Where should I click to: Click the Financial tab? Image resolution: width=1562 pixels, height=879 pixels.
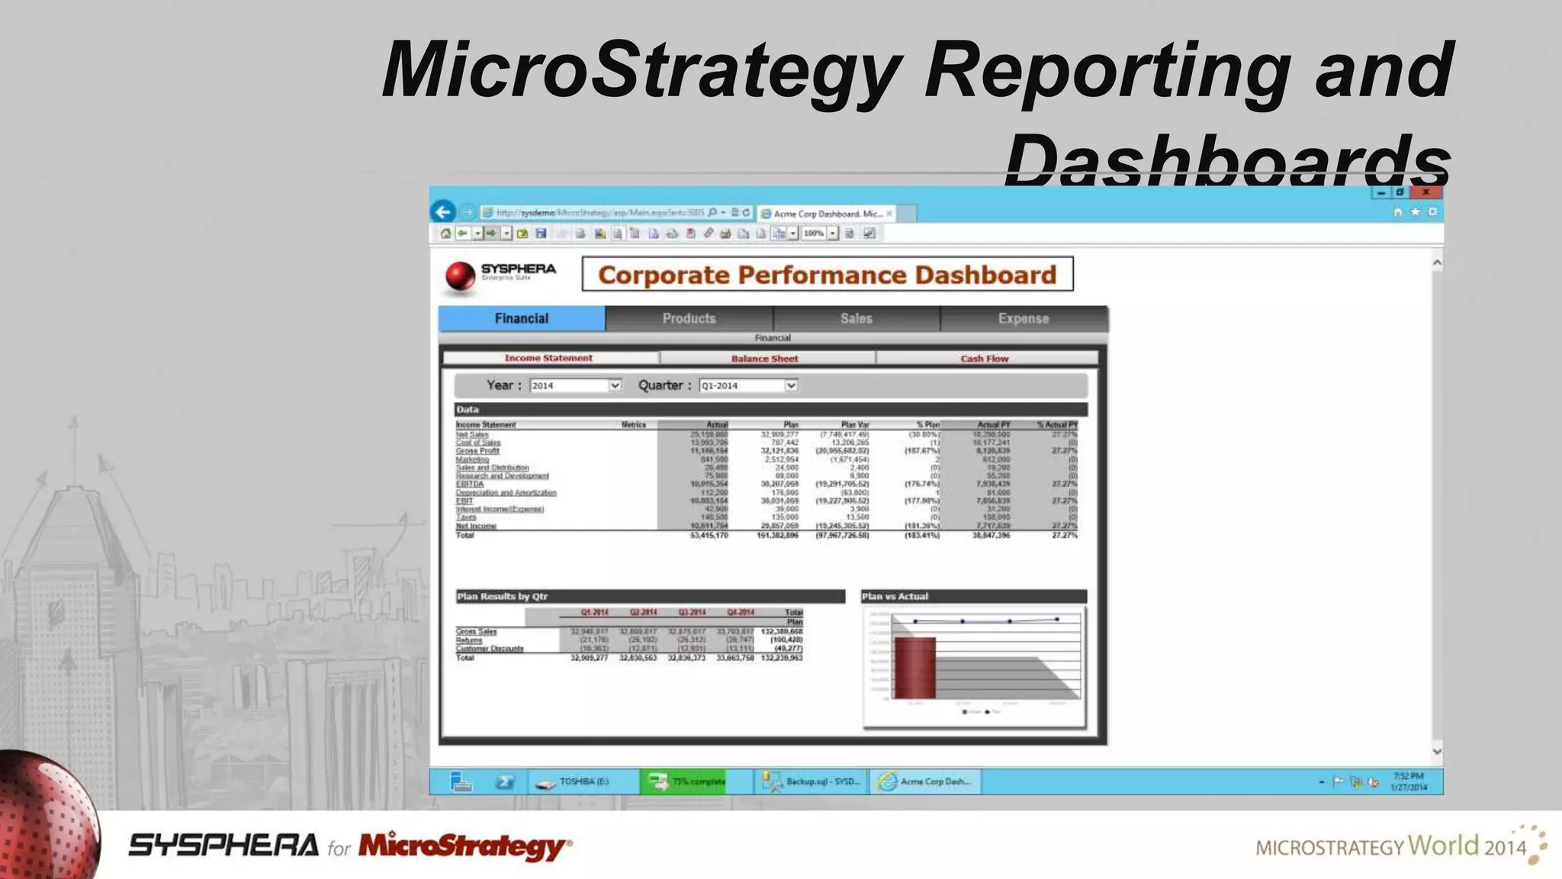coord(522,318)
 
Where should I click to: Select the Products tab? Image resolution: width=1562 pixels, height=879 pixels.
coord(689,318)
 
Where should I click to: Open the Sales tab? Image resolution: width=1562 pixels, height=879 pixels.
coord(856,318)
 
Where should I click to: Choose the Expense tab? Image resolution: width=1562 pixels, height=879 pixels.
coord(1024,318)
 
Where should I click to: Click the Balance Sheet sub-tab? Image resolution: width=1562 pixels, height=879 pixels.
coord(765,358)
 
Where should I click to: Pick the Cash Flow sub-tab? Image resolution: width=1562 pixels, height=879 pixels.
coord(985,358)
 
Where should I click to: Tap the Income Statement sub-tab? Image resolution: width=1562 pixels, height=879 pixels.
coord(548,357)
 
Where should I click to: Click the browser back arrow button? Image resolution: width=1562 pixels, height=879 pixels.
coord(443,211)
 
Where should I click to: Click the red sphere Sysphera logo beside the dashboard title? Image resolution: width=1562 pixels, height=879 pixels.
coord(460,275)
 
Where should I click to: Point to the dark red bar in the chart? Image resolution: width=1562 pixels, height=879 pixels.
coord(914,668)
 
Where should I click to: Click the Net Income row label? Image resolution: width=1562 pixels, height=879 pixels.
coord(476,526)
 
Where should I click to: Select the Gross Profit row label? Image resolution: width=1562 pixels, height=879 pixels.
coord(477,451)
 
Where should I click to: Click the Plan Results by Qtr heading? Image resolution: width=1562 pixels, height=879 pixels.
coord(502,596)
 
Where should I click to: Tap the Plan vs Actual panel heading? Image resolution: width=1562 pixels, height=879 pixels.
coord(895,596)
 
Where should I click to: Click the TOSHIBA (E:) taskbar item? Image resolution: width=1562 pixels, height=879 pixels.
coord(583,781)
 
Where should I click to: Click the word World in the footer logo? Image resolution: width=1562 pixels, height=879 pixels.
coord(1443,845)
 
